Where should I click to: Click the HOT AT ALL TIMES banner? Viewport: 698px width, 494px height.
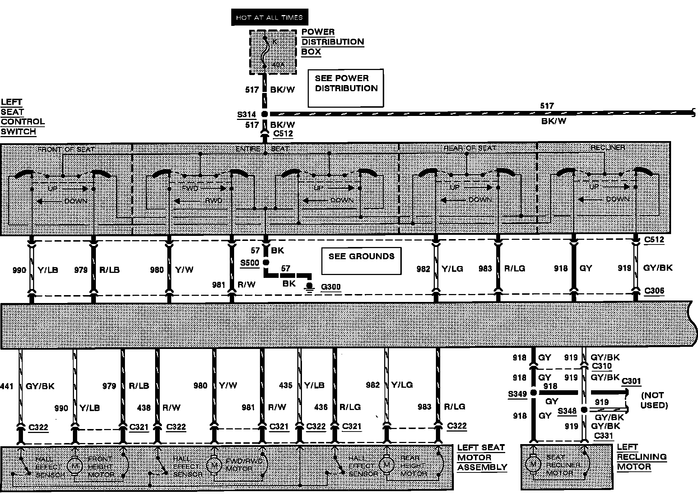coord(269,17)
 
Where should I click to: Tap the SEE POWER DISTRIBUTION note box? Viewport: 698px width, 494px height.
coord(346,88)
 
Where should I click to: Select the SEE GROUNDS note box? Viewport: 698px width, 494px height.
coord(361,261)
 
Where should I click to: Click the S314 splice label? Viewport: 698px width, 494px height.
coord(247,115)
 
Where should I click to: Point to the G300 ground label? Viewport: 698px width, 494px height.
coord(331,287)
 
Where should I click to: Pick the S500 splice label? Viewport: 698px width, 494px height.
coord(250,262)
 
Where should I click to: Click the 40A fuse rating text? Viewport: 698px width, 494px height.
coord(278,65)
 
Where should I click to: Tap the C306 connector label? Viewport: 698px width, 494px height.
coord(654,290)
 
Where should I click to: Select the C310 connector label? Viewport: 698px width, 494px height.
coord(601,366)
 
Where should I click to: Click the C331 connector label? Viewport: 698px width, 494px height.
coord(604,435)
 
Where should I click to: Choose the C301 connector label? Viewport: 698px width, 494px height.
coord(631,381)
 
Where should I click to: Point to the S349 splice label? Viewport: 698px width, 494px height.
coord(517,394)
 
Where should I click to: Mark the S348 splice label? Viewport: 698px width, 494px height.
coord(567,411)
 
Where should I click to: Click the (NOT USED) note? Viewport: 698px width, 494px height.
coord(655,400)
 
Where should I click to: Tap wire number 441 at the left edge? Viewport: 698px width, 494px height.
coord(7,386)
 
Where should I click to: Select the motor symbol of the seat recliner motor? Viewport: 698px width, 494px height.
coord(533,464)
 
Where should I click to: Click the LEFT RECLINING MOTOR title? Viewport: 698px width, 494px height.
coord(642,457)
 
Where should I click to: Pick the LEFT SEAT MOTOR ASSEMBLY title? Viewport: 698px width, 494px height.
coord(482,457)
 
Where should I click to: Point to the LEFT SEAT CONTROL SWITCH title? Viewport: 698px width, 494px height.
coord(22,117)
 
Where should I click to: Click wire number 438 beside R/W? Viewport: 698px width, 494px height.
coord(144,407)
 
